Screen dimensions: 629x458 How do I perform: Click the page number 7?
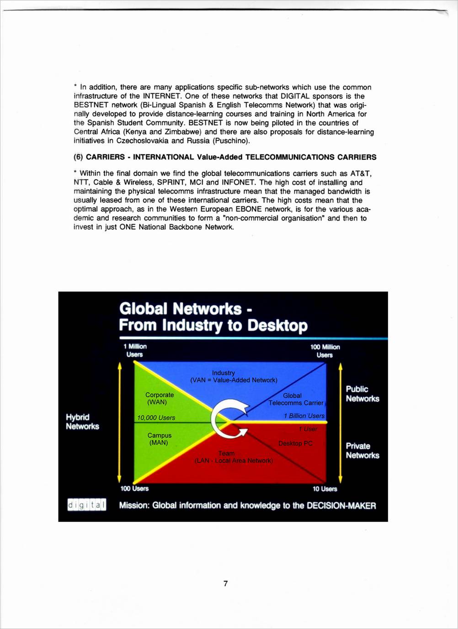coord(225,583)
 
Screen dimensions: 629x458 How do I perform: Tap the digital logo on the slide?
coord(87,505)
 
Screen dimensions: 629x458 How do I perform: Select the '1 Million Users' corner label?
coord(135,351)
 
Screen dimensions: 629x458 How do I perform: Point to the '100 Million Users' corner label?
coord(325,351)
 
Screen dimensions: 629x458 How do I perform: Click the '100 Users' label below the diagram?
coord(134,488)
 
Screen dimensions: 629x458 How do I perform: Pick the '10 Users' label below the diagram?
coord(325,489)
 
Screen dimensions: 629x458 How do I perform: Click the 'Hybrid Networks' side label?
coord(82,422)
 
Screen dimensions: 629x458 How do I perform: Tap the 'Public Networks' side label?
coord(362,394)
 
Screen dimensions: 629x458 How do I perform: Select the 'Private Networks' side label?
coord(362,451)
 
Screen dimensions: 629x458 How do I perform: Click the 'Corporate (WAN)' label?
coord(159,398)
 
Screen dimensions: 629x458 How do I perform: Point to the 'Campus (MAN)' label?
coord(159,439)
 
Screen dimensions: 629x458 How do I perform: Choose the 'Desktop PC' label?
coord(295,443)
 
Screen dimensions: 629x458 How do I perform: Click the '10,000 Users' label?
coord(156,418)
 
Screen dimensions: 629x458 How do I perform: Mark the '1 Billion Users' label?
coord(304,416)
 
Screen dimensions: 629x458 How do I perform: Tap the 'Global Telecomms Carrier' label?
coord(295,399)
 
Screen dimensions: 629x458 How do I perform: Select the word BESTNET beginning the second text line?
coord(90,105)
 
